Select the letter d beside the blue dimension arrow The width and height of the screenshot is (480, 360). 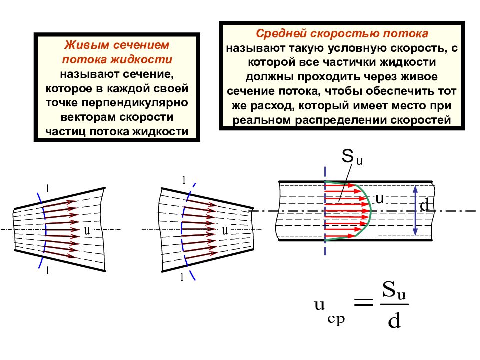(424, 205)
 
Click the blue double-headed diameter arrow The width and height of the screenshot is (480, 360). (415, 211)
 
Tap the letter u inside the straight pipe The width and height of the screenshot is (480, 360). (379, 199)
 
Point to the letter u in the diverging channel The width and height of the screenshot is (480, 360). (87, 230)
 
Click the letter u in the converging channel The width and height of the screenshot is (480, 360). (225, 230)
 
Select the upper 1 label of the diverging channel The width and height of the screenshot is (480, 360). (48, 189)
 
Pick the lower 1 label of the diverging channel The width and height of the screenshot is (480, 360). (47, 270)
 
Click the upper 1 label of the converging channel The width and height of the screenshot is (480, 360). (184, 180)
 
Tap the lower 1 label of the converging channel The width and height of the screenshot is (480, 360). (182, 277)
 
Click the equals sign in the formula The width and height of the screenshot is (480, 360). (364, 302)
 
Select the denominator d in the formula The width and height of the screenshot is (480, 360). (394, 321)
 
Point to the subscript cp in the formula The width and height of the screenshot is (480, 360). (336, 319)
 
